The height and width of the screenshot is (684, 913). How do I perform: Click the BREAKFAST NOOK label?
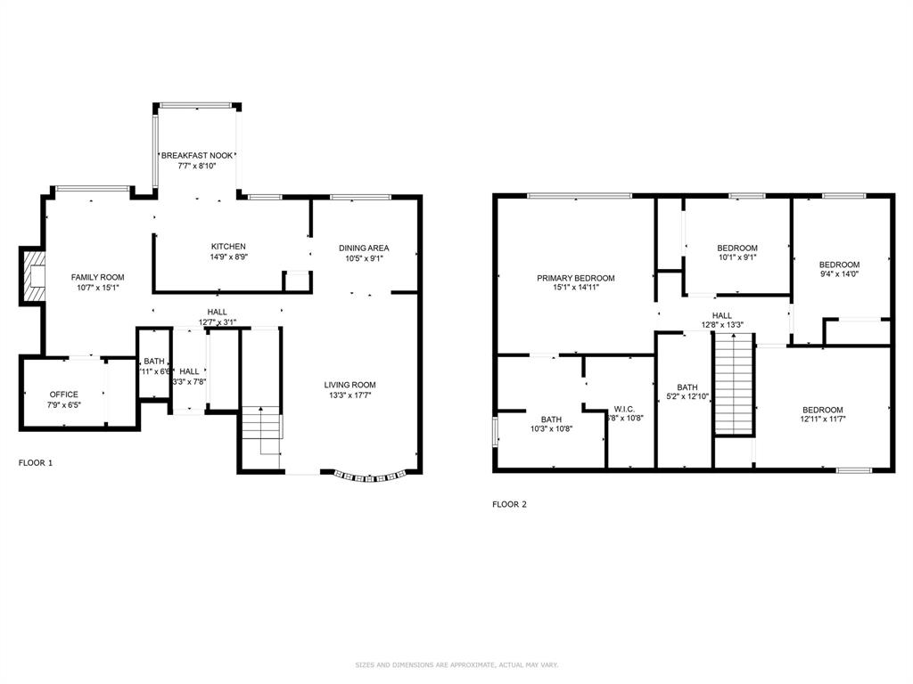coord(197,155)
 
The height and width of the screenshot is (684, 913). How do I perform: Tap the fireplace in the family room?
coord(34,277)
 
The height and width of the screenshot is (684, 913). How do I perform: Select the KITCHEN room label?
coord(228,247)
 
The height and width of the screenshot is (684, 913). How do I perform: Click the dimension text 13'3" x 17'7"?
coord(350,395)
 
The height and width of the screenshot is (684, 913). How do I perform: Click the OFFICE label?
coord(63,395)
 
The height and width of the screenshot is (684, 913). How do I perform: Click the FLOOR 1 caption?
coord(36,463)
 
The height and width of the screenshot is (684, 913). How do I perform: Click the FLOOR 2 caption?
coord(509,504)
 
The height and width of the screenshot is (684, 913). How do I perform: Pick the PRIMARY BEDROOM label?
coord(575,278)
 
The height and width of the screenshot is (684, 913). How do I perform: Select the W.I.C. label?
coord(623,409)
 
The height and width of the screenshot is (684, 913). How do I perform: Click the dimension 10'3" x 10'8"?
coord(550,428)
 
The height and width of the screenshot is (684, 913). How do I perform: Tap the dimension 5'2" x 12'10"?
coord(687,396)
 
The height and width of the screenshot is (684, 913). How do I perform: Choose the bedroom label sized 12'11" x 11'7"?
coord(821,410)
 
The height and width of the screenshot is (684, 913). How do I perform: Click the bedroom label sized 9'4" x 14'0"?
coord(839,265)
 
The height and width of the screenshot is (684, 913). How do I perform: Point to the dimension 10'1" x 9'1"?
coord(737,257)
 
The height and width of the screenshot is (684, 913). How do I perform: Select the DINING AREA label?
coord(364,248)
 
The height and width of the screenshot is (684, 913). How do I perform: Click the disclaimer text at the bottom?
coord(456,664)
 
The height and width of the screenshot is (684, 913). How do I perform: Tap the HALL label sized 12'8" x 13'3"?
coord(721,315)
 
